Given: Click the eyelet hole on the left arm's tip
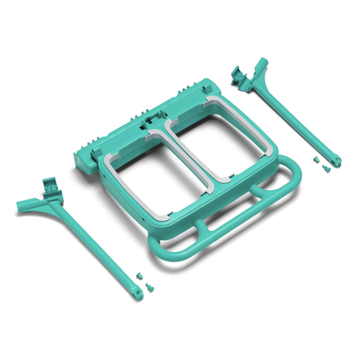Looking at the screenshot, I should tap(138, 294).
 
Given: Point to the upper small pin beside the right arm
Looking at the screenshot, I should tap(315, 160).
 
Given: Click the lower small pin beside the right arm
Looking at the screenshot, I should tap(323, 170).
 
